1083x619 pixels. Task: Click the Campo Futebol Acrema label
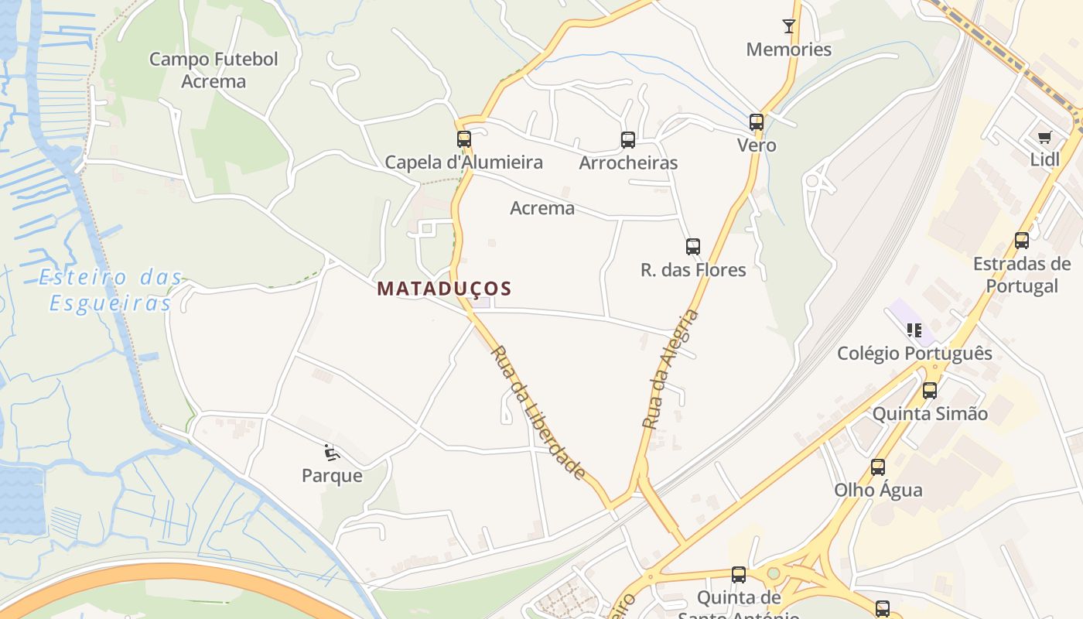tap(214, 70)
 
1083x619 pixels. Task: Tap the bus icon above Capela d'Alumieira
tap(464, 139)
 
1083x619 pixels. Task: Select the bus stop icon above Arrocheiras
tap(628, 140)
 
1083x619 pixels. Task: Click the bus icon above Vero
tap(757, 122)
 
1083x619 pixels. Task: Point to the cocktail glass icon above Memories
tap(789, 26)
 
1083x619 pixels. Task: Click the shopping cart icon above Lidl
tap(1045, 138)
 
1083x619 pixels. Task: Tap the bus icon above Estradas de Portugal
tap(1022, 241)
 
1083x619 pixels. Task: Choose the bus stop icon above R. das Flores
tap(693, 247)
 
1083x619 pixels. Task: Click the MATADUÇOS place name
tap(444, 289)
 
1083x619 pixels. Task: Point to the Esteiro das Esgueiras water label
tap(111, 289)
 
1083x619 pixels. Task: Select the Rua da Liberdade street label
tap(538, 412)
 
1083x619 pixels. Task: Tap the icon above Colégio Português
tap(915, 330)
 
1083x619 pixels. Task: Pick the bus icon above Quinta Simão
tap(930, 391)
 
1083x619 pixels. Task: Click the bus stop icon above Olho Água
tap(878, 467)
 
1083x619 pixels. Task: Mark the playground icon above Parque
tap(332, 452)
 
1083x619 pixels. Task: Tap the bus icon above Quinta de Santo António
tap(739, 575)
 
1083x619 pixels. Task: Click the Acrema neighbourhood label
tap(542, 208)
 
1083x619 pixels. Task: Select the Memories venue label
tap(789, 50)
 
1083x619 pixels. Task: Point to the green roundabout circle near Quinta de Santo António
tap(773, 573)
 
